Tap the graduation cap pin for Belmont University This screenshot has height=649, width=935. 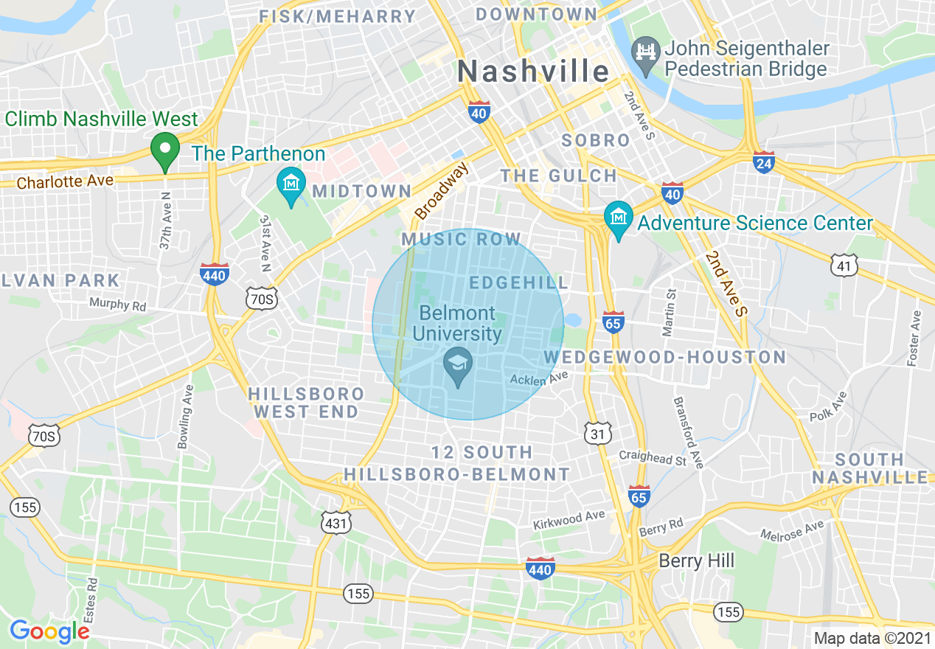458,364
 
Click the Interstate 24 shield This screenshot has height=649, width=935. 764,162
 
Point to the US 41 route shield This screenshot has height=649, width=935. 844,265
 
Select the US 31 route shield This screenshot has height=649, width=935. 597,434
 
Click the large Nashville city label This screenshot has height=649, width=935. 533,72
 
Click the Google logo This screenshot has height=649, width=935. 49,631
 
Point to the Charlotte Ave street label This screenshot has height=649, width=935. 65,181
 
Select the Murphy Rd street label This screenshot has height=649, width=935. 118,303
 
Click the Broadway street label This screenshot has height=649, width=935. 441,192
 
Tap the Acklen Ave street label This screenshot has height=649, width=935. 540,378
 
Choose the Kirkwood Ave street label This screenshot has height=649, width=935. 569,520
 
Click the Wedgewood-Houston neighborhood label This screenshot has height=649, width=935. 665,358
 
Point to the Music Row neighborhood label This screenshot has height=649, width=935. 462,239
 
